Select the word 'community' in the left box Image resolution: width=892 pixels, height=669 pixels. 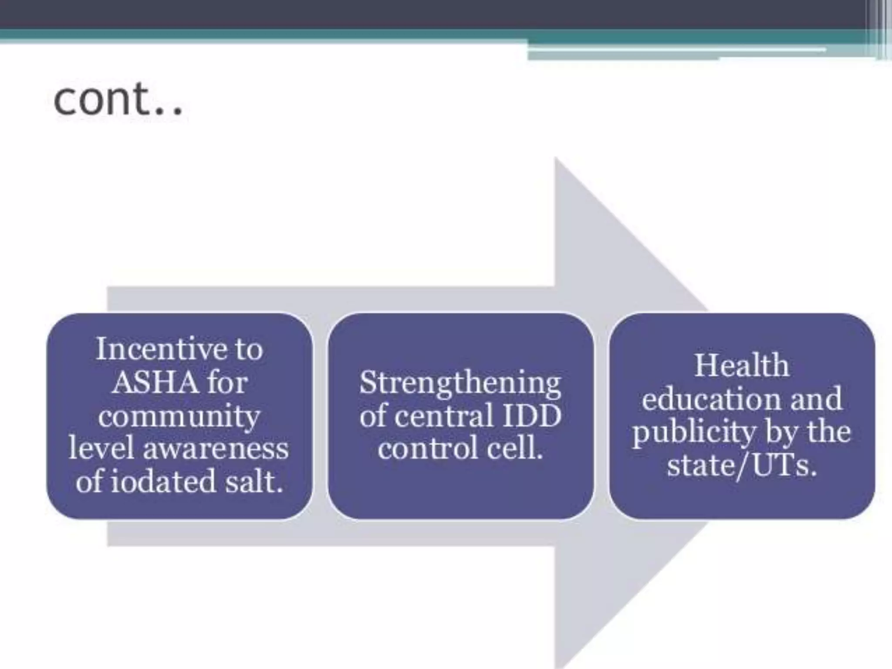pyautogui.click(x=179, y=416)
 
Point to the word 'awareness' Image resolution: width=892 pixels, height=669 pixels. pyautogui.click(x=216, y=449)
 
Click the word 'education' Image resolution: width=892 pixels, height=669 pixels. pyautogui.click(x=711, y=399)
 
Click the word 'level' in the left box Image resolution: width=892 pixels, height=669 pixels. pyautogui.click(x=101, y=449)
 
